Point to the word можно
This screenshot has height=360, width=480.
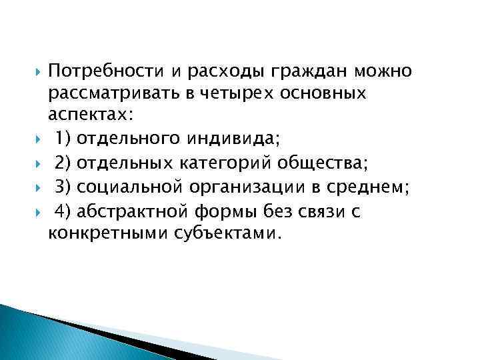pos(385,69)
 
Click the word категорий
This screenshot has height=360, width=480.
pos(239,162)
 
